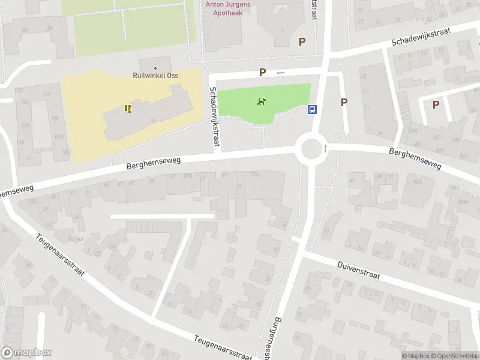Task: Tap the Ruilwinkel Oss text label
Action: point(156,76)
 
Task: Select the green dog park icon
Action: point(262,102)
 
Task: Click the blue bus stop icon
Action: point(313,110)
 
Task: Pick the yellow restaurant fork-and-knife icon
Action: point(127,109)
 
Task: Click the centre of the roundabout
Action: point(311,148)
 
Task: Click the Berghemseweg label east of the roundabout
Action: point(415,159)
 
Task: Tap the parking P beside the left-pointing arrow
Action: point(262,72)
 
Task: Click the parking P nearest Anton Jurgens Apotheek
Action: point(302,41)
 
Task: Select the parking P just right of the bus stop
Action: point(344,102)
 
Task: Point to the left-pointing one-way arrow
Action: point(280,73)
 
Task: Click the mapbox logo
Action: point(26,353)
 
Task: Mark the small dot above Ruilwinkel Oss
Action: point(156,68)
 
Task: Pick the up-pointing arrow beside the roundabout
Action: point(325,147)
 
